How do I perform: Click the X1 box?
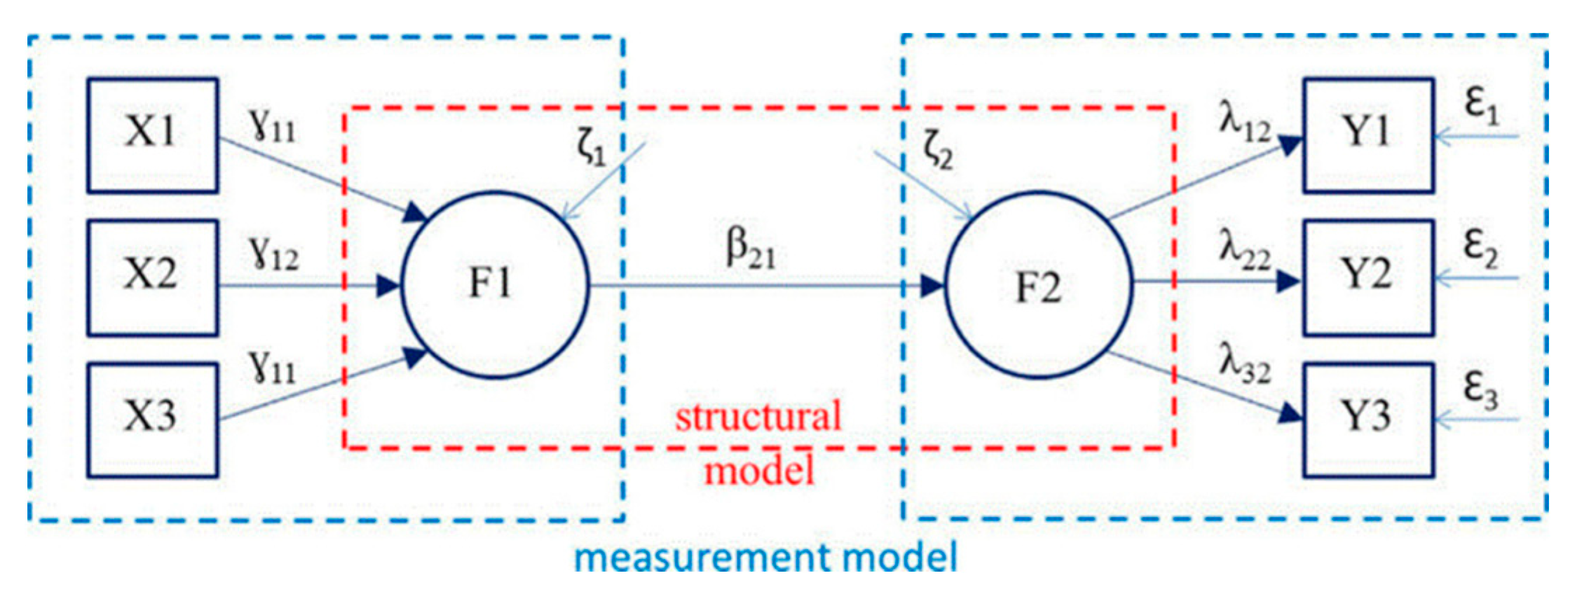(x=152, y=135)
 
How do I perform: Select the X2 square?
(x=152, y=277)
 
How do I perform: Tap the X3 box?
(x=152, y=419)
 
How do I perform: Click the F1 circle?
(x=494, y=285)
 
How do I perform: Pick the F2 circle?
(x=1038, y=285)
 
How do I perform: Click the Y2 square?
(x=1368, y=277)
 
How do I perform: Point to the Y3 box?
(x=1368, y=419)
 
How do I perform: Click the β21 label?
(x=750, y=250)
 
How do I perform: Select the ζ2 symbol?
(x=938, y=151)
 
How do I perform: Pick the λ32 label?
(x=1244, y=364)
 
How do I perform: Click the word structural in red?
(x=758, y=417)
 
